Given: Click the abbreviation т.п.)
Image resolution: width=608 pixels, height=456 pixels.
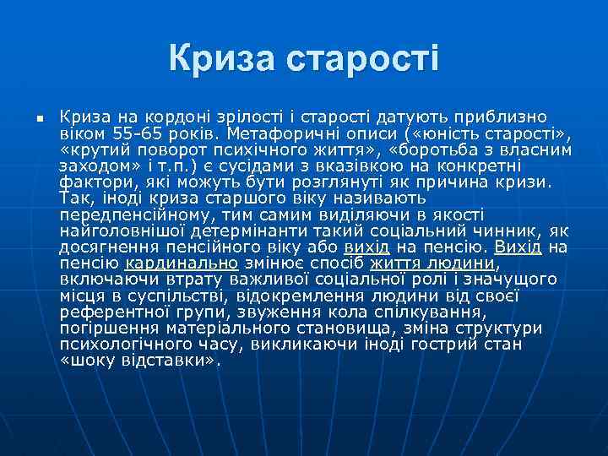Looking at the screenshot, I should click(x=170, y=166).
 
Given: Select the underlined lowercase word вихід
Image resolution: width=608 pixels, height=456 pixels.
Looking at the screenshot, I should click(x=366, y=247).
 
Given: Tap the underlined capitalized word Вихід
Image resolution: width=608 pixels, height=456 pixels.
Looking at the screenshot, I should click(x=518, y=247).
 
